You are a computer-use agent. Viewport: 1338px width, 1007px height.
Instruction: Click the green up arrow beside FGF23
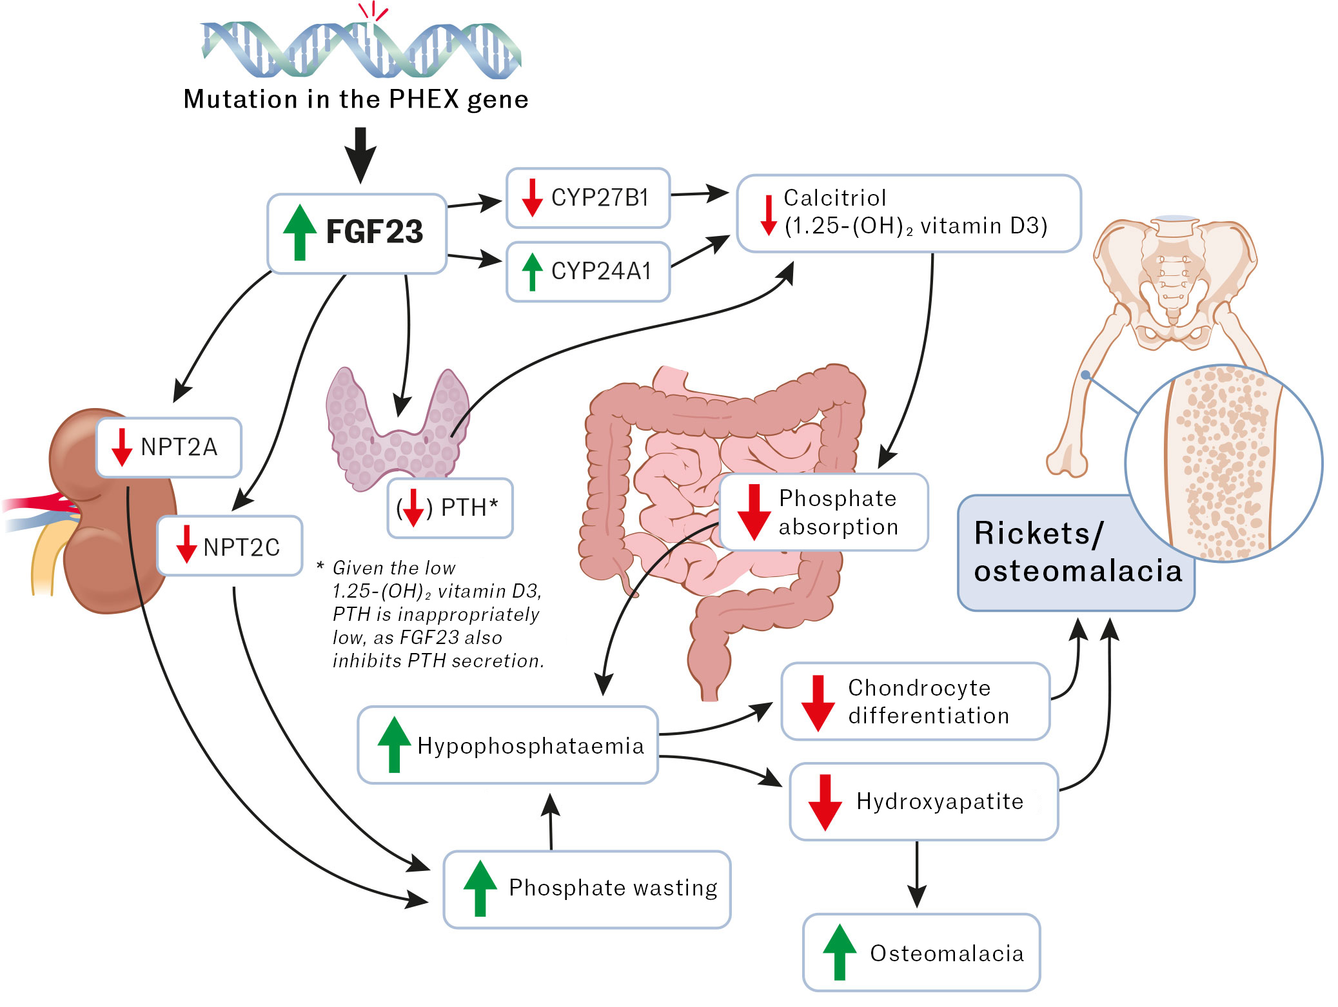tap(299, 231)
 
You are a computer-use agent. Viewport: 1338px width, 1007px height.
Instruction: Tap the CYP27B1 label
tap(600, 198)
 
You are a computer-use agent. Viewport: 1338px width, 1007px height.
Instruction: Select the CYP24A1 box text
tap(601, 271)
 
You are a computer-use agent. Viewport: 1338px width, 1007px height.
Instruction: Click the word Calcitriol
tap(834, 198)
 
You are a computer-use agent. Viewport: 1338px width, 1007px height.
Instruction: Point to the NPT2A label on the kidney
tap(179, 447)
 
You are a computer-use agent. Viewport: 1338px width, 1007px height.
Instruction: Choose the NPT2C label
tap(241, 547)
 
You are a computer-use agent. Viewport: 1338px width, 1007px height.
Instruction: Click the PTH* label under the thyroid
tap(469, 507)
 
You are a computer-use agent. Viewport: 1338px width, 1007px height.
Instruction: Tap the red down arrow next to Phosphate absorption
tap(754, 512)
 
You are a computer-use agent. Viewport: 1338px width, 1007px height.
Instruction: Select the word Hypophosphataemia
tap(530, 746)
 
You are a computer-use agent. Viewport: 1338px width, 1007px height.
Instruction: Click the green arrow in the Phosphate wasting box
tap(480, 888)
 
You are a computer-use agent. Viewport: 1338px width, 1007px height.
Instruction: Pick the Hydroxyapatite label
tap(940, 801)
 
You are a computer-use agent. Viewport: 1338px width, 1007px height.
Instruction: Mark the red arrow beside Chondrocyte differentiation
tap(818, 703)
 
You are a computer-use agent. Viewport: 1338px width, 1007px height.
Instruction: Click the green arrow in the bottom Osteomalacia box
tap(840, 952)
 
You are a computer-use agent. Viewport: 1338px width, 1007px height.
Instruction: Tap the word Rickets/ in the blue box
tap(1038, 534)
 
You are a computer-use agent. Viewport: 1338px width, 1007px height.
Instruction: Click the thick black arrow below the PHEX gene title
tap(360, 155)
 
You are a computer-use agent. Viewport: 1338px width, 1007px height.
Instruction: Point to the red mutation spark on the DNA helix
tap(373, 12)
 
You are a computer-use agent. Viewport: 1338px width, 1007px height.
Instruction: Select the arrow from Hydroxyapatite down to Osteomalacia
tap(916, 874)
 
